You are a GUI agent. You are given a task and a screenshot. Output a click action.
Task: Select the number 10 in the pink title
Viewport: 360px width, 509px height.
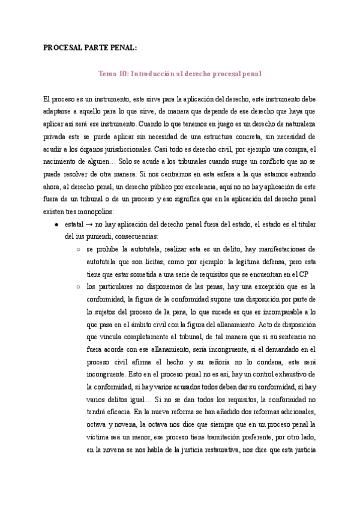[x=123, y=74]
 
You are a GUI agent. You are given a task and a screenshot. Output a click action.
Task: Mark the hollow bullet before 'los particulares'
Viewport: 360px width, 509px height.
[x=79, y=287]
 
